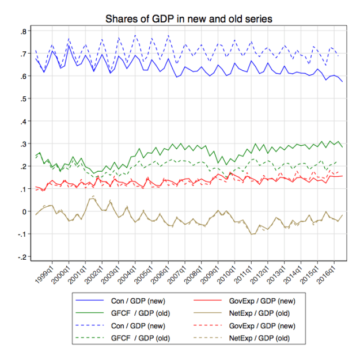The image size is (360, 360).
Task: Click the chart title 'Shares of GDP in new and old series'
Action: (x=188, y=19)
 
